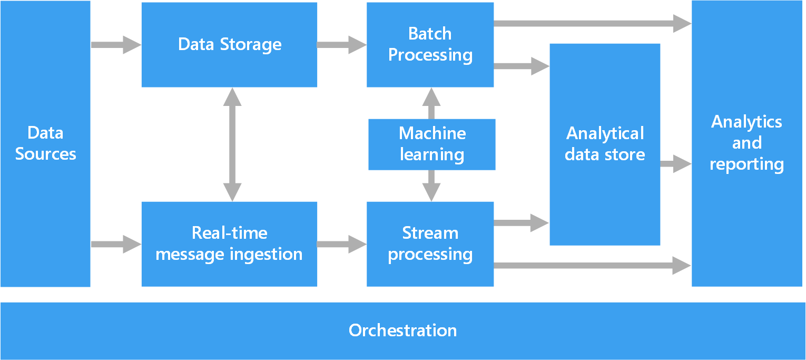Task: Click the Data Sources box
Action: pos(45,143)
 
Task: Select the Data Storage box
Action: pos(229,44)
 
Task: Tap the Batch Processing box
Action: pos(430,44)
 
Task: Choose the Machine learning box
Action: pos(432,144)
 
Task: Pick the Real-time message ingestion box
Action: pos(229,244)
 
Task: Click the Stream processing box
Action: pos(430,244)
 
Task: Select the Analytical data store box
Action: pos(605,144)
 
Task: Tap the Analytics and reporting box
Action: pos(746,143)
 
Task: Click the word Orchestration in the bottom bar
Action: pos(402,330)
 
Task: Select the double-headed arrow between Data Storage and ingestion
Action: pos(232,144)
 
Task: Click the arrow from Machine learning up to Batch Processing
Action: pos(431,103)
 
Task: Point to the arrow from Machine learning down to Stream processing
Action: pos(431,186)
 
